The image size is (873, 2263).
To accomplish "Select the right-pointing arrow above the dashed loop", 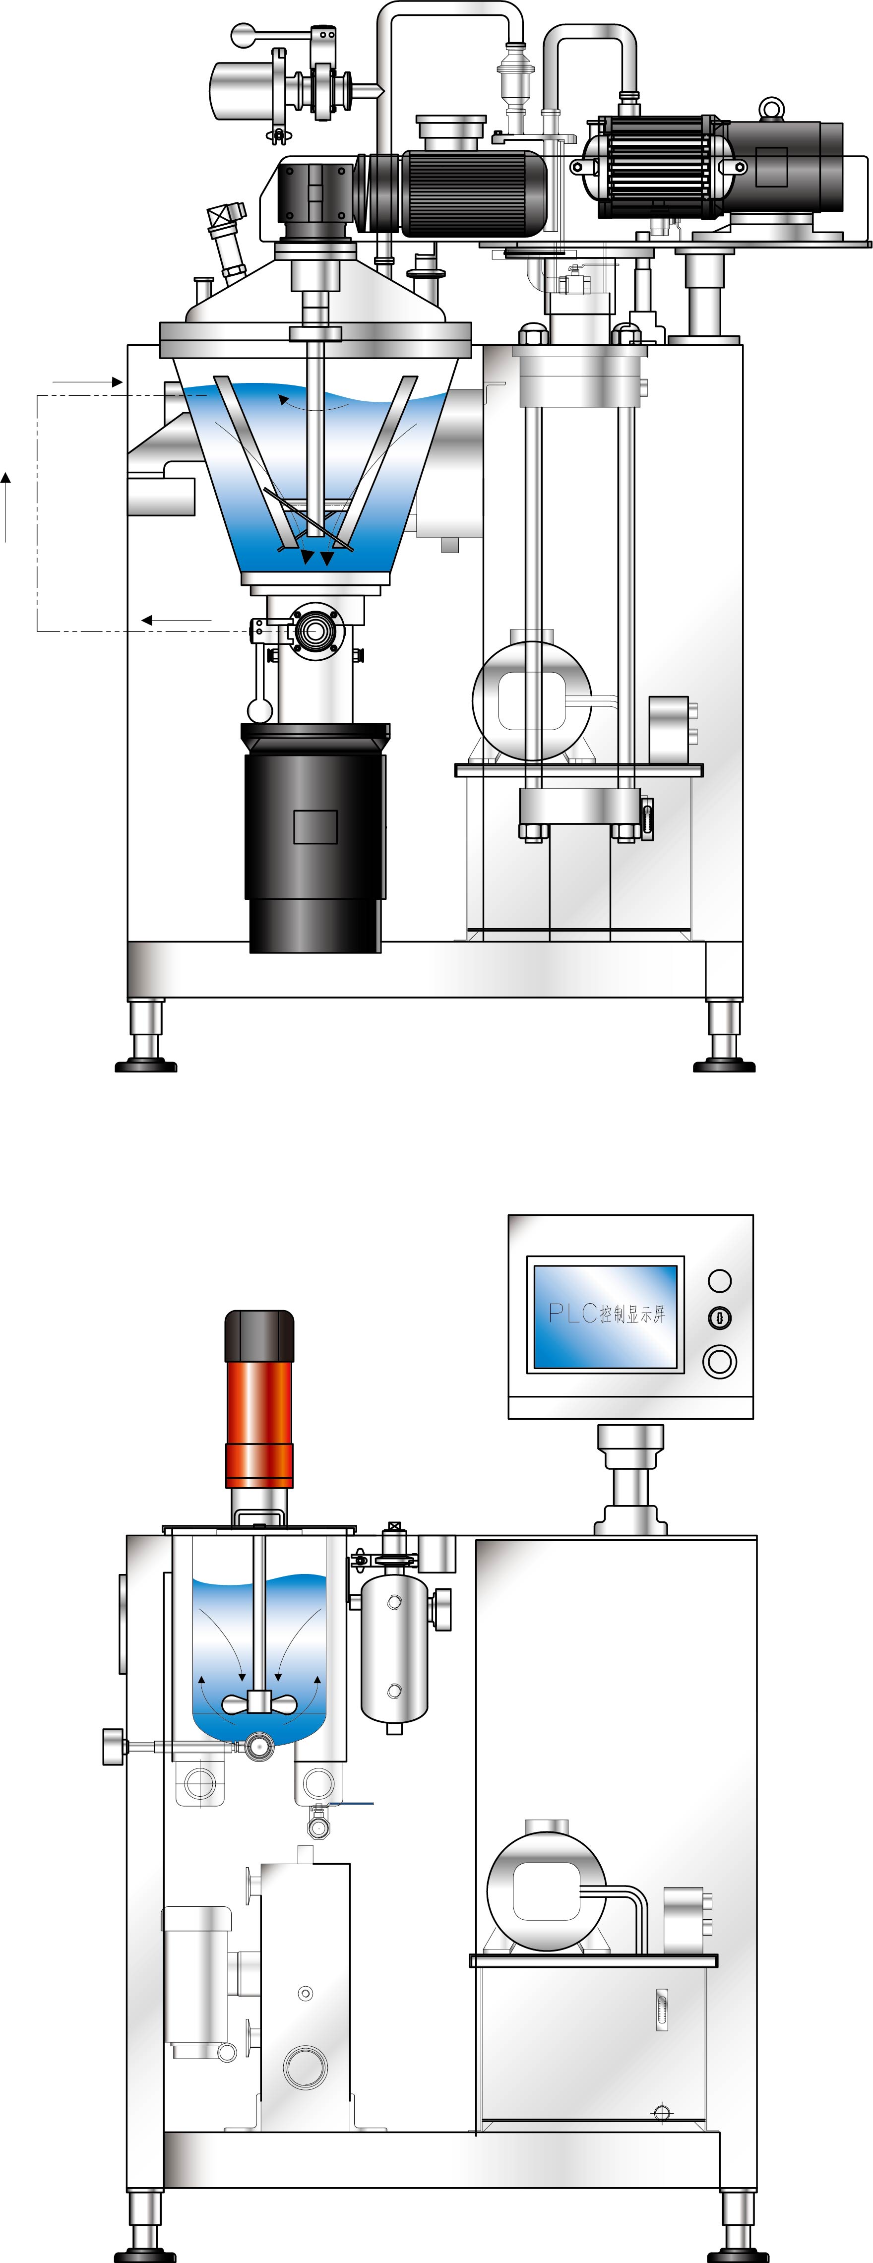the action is click(88, 382).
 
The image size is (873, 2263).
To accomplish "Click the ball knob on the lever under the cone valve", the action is click(258, 708).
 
